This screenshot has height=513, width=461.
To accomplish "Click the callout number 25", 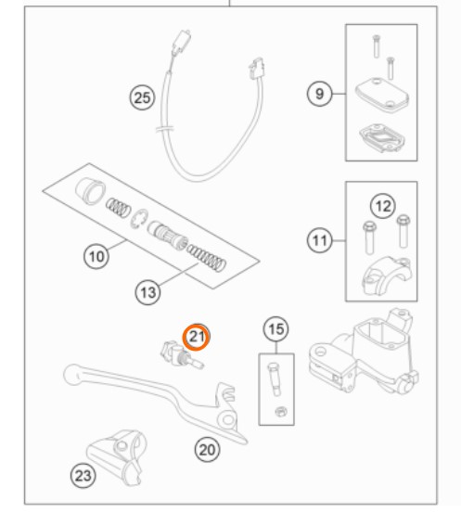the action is (x=142, y=97).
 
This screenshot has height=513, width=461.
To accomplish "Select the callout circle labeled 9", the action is (x=319, y=94).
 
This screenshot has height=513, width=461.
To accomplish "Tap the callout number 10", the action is (x=96, y=256).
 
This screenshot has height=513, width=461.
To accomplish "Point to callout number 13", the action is (x=147, y=292).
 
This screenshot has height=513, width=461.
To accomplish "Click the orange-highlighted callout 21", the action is (x=196, y=337).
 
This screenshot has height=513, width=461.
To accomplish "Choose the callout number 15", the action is (x=275, y=328).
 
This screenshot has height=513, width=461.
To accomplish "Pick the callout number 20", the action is (x=207, y=450).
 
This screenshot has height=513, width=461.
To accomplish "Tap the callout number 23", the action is (x=83, y=475).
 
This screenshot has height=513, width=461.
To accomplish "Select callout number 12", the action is (x=383, y=206).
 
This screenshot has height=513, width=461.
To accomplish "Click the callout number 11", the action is (x=319, y=240).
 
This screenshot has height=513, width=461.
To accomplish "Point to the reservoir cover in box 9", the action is (x=382, y=94).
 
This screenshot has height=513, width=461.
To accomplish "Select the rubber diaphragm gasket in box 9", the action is (x=382, y=138).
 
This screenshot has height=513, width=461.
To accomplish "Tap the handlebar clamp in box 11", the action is (x=386, y=276).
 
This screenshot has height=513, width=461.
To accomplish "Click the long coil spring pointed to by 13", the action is (x=207, y=258).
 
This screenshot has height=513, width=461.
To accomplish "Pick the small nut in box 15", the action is (x=280, y=412).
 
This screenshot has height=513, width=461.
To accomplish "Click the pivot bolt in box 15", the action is (x=275, y=379).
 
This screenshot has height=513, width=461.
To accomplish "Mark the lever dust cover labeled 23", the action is (x=116, y=456).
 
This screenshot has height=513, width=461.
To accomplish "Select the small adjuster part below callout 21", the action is (x=182, y=355).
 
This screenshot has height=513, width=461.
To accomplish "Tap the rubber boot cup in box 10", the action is (x=90, y=191).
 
